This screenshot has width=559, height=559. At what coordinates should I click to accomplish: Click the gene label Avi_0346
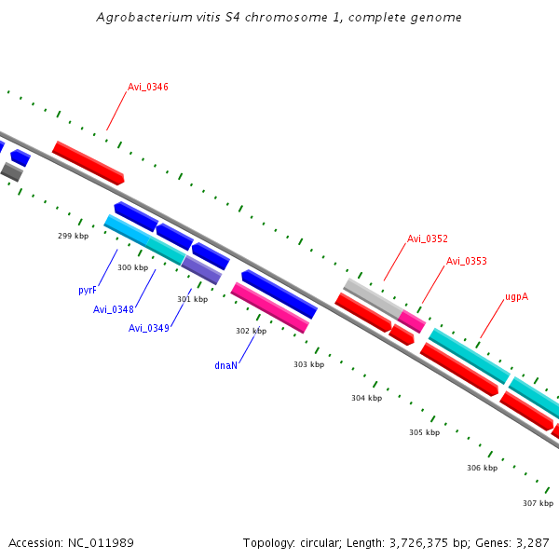(x=147, y=87)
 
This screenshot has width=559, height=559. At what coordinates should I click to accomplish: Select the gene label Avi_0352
(x=427, y=239)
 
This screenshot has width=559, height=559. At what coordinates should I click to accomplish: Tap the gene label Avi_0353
(x=466, y=261)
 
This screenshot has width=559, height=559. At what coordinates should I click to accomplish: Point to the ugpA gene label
(x=516, y=296)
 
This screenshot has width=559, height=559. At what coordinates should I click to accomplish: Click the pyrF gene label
(x=88, y=290)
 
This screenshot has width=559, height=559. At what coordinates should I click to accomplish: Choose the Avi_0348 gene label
(x=113, y=309)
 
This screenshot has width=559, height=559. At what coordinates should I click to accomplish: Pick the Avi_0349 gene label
(x=148, y=328)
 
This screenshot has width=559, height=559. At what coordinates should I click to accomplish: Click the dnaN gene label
(x=225, y=365)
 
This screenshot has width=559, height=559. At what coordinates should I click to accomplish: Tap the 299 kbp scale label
(x=73, y=236)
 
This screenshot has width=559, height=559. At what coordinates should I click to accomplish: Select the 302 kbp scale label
(x=251, y=331)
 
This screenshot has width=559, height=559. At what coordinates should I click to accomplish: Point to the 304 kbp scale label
(x=366, y=398)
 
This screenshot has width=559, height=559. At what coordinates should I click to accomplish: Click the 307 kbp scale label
(x=538, y=503)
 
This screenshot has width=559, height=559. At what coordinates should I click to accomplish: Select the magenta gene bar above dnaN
(x=269, y=307)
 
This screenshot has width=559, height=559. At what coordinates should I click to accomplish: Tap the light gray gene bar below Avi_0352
(x=372, y=296)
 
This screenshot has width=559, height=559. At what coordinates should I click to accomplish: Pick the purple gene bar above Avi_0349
(x=201, y=270)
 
